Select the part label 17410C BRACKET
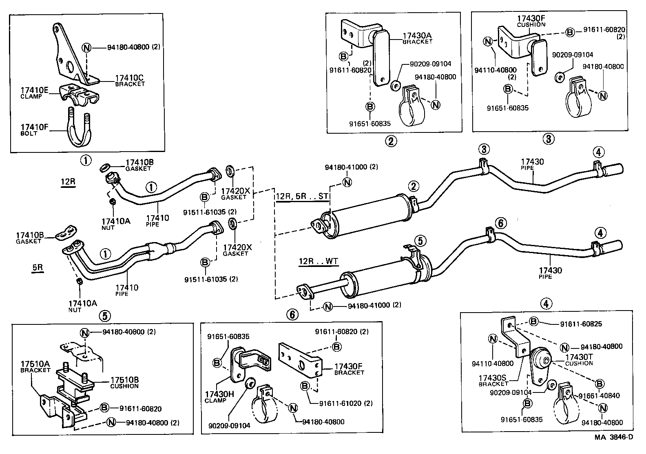[x=129, y=80]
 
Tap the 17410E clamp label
[x=34, y=92]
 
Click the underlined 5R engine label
[x=38, y=269]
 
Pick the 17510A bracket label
[x=35, y=366]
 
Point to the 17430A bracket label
[x=417, y=38]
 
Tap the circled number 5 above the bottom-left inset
[x=104, y=315]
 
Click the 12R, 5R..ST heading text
[x=302, y=197]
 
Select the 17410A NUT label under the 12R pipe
[x=115, y=223]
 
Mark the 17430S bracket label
[x=493, y=380]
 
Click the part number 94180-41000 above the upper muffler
[x=352, y=167]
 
